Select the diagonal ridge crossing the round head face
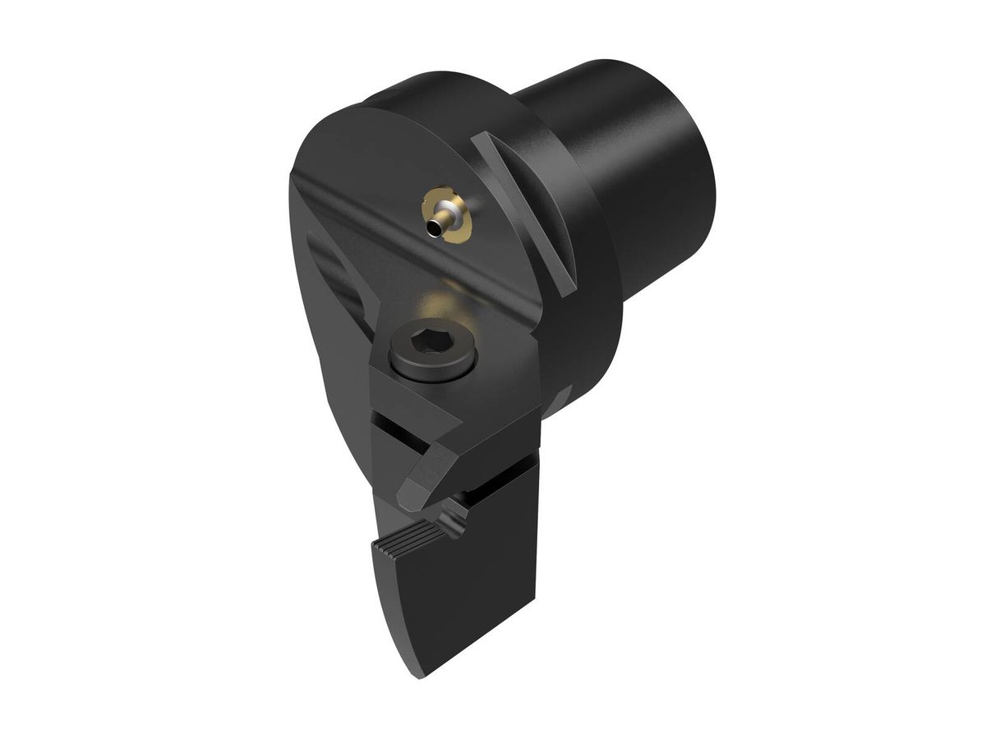[x=411, y=238]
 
